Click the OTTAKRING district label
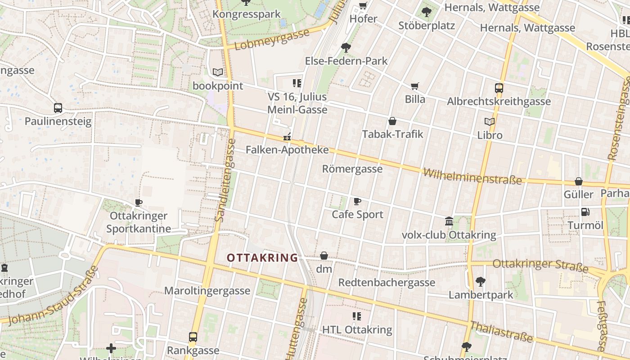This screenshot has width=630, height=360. [x=262, y=258]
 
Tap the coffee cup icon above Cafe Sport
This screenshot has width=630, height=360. [x=357, y=201]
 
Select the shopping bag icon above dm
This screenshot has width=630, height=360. [x=324, y=256]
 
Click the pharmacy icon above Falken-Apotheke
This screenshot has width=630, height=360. [x=287, y=137]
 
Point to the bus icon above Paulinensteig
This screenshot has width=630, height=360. [x=58, y=108]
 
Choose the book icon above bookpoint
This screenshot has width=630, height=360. [x=218, y=72]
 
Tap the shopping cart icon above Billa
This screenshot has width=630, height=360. [x=415, y=86]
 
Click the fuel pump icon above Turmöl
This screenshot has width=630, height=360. [x=585, y=211]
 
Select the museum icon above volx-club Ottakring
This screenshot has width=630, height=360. [x=449, y=221]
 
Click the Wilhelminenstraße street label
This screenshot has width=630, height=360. [x=472, y=177]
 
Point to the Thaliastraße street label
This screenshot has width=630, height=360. [x=501, y=332]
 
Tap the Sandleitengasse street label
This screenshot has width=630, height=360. [x=225, y=180]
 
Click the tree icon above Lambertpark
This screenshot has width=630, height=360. [x=481, y=282]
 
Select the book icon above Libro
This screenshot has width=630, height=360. [x=490, y=121]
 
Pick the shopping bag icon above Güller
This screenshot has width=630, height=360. [x=579, y=181]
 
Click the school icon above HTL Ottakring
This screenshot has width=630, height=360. [x=357, y=316]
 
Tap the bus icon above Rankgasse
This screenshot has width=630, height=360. [x=193, y=337]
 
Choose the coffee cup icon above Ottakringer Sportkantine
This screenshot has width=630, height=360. [x=139, y=202]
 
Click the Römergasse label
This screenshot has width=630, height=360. [x=352, y=169]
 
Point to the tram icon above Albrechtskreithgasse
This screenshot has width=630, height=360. [x=499, y=88]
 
